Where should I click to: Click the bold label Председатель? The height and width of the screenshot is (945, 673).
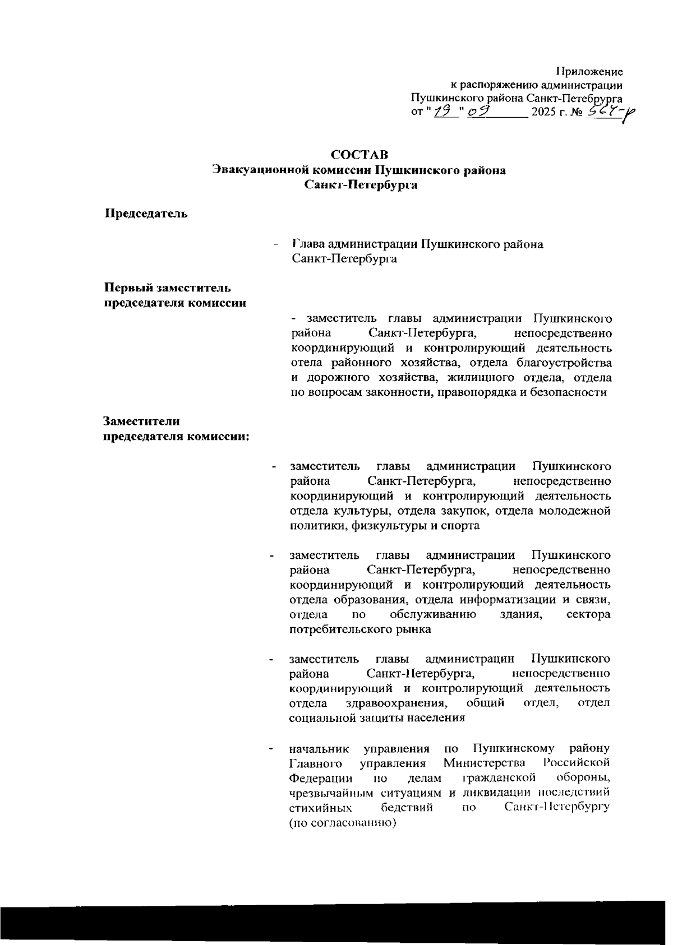[x=146, y=214]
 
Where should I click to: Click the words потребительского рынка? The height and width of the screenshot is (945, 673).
[x=360, y=629]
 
